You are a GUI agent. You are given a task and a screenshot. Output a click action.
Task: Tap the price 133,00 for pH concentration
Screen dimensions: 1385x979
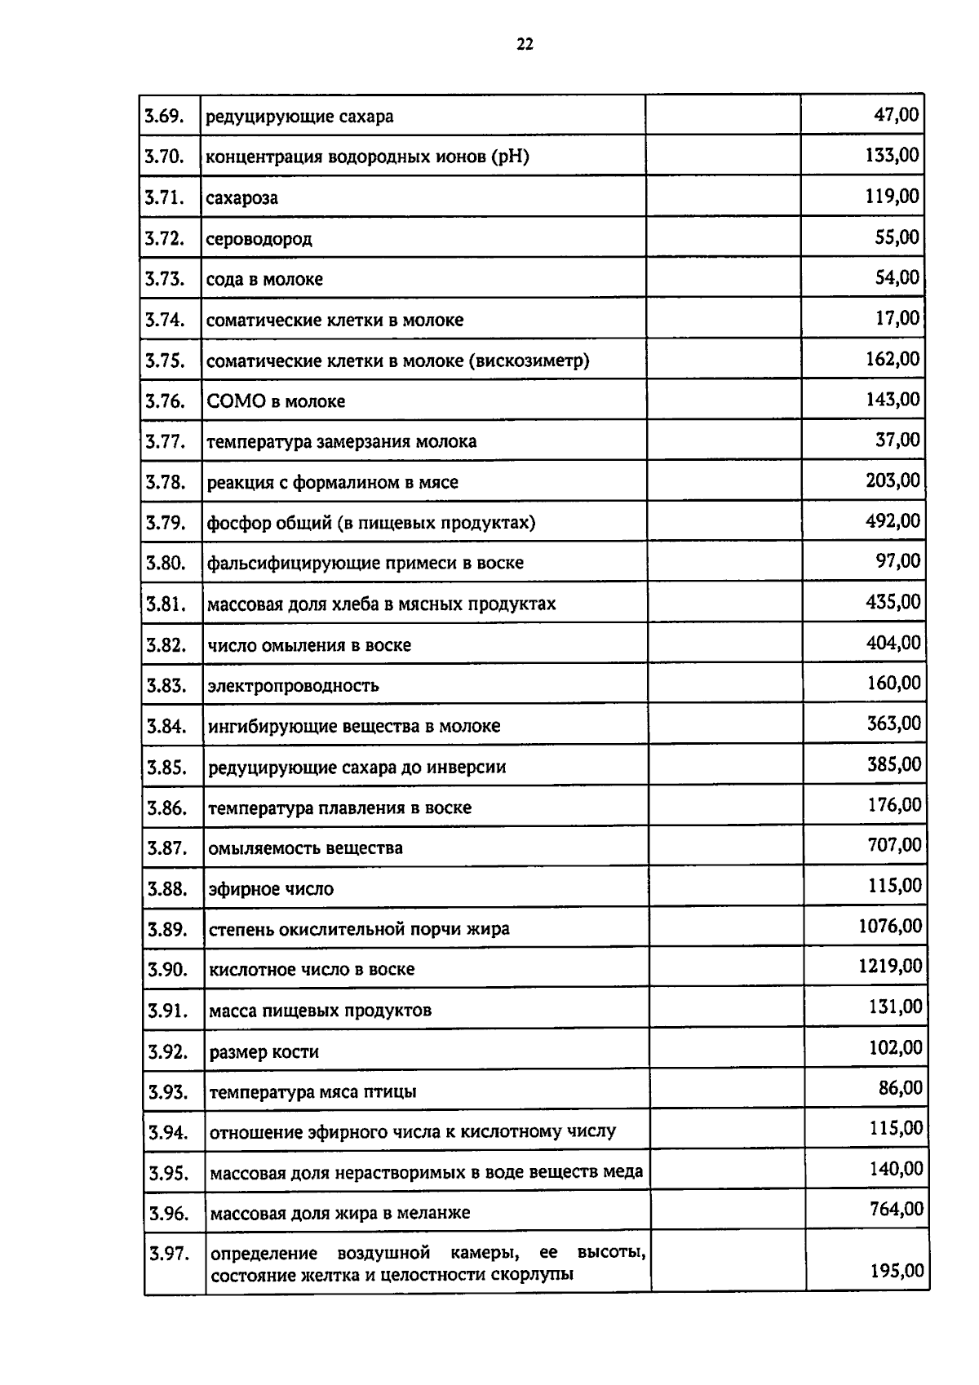click(892, 155)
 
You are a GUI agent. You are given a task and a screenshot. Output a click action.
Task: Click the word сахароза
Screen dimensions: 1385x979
click(241, 197)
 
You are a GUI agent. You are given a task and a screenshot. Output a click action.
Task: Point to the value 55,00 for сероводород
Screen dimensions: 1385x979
click(897, 237)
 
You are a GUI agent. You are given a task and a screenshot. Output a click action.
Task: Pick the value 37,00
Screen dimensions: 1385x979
click(897, 440)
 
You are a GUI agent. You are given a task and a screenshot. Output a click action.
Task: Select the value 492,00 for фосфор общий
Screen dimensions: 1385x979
click(893, 520)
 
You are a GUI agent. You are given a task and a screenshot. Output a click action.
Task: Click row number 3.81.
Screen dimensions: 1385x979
click(167, 604)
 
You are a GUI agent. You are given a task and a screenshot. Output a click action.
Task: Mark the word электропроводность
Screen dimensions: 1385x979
click(293, 685)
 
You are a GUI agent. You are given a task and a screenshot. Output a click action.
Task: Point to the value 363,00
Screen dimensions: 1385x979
click(894, 723)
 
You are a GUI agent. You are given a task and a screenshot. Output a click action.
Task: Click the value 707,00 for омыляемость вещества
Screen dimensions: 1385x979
click(894, 845)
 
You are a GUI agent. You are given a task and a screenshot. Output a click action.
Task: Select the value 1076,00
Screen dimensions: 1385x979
click(890, 926)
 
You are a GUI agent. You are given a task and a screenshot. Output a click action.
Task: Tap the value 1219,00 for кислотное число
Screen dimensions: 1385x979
click(890, 967)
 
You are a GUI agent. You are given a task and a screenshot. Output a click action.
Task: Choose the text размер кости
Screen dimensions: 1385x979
click(264, 1052)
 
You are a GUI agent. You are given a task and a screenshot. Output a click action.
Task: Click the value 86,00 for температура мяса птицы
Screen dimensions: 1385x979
click(901, 1088)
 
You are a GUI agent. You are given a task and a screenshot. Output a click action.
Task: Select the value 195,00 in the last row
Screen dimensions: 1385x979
click(897, 1271)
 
